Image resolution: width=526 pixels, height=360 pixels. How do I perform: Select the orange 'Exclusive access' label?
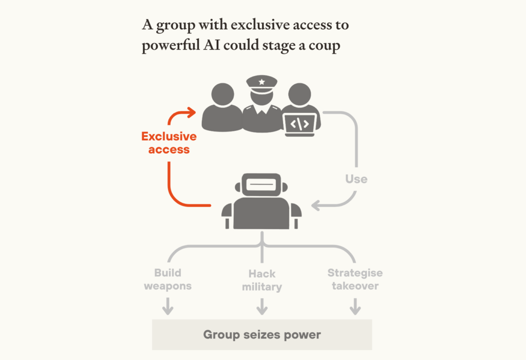(x=169, y=143)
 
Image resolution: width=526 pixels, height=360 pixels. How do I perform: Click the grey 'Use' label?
(x=356, y=179)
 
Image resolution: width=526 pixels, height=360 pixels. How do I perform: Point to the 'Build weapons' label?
(x=168, y=279)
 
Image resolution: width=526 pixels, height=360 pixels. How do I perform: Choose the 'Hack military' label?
(x=262, y=280)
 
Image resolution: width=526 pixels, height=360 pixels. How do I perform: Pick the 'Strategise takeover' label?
(x=355, y=279)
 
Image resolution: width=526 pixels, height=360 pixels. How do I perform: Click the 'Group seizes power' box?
(x=262, y=334)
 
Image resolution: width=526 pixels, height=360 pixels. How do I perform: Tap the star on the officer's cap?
(x=261, y=82)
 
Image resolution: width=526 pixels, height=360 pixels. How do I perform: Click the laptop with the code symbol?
(x=300, y=125)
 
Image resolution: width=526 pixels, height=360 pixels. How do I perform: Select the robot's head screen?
(x=261, y=184)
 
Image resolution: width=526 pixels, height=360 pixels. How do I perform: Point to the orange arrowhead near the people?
(x=192, y=112)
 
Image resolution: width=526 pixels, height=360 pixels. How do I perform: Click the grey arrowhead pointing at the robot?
(x=315, y=205)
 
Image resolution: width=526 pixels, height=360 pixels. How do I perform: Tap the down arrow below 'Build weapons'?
(x=168, y=306)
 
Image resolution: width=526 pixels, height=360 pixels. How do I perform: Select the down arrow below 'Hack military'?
(x=262, y=306)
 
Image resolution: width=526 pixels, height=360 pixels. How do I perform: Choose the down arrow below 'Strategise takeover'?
(x=355, y=306)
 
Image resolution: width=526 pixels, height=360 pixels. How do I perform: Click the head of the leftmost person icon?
(x=223, y=94)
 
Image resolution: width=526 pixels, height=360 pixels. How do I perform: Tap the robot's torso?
(x=261, y=214)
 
